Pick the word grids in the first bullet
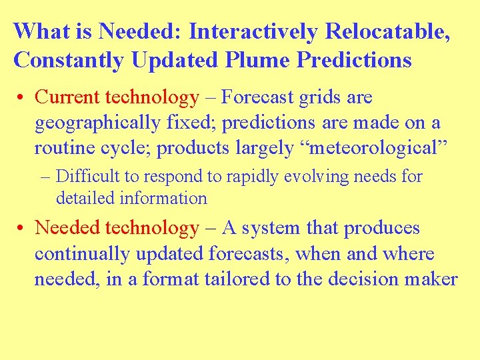pos(317,97)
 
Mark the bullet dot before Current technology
pos(22,98)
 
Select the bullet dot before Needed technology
pos(22,229)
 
